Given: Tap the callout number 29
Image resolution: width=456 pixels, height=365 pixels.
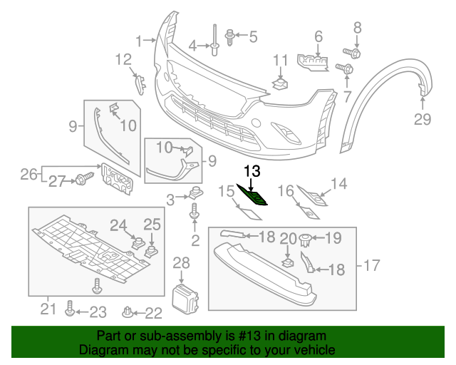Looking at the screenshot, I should tap(423, 119).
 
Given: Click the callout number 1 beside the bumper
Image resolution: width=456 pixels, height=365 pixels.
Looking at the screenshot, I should tap(140, 40).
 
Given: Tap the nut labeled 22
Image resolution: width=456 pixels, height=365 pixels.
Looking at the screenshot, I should tap(129, 312).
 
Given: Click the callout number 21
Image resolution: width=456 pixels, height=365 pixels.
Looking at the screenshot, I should tap(48, 309).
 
